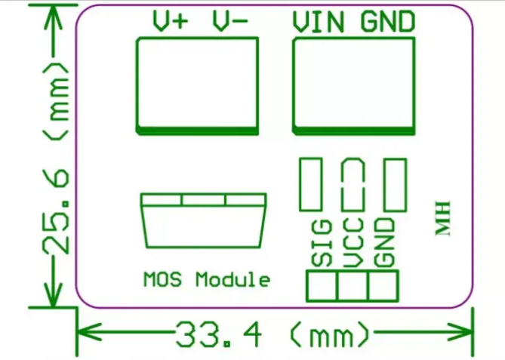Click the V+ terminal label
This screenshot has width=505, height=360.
[x=170, y=22]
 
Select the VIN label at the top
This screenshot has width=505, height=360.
[x=318, y=22]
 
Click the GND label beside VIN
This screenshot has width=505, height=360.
[x=387, y=22]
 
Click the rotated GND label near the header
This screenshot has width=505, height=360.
[x=385, y=242]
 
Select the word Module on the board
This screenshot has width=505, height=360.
[x=232, y=279]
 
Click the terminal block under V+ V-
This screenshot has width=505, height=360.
[x=197, y=85]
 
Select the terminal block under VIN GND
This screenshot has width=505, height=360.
[x=353, y=85]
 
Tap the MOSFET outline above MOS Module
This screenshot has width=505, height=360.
[x=204, y=220]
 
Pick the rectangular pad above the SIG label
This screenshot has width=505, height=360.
[x=311, y=184]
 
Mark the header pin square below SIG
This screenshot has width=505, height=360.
[x=322, y=286]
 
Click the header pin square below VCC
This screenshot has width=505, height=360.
[x=353, y=286]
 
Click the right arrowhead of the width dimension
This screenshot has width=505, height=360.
[x=463, y=331]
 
